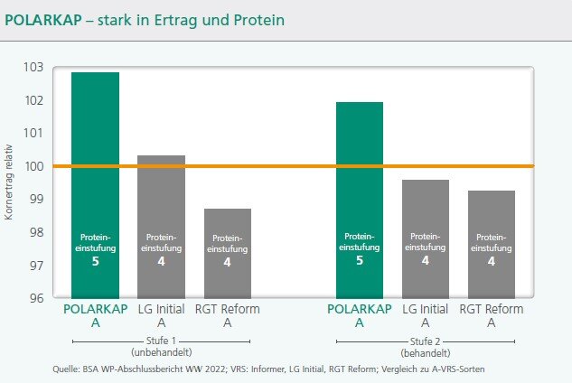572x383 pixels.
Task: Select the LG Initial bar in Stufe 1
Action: click(161, 226)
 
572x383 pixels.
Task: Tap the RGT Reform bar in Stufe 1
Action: click(228, 253)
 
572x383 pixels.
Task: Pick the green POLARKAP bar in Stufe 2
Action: click(360, 199)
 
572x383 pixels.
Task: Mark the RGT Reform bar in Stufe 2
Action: click(492, 244)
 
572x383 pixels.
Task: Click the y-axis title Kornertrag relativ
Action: click(9, 181)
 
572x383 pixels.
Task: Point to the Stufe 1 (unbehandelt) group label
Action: click(160, 346)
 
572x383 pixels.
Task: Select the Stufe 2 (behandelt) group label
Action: click(424, 346)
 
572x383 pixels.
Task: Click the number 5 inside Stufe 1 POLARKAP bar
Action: click(95, 262)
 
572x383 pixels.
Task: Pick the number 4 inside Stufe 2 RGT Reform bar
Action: click(492, 262)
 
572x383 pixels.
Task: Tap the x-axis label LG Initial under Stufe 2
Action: click(426, 309)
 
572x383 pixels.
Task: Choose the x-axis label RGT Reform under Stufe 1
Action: click(228, 309)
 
